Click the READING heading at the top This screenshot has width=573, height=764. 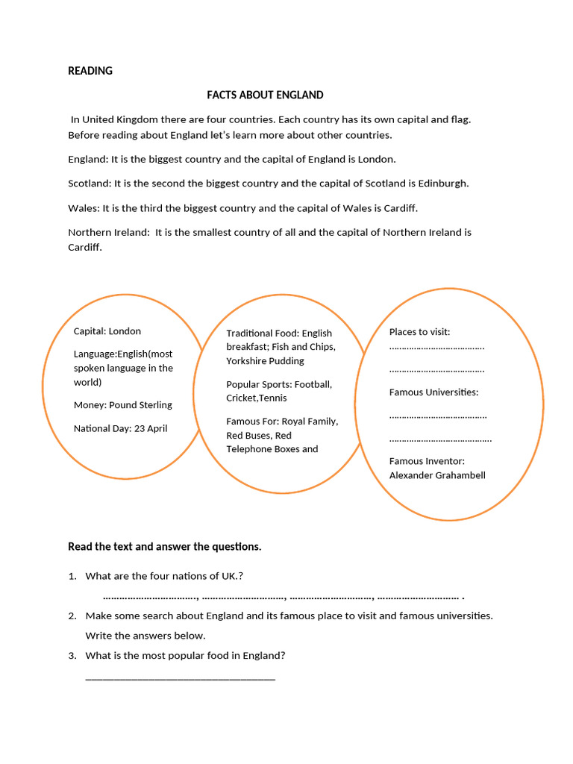(90, 71)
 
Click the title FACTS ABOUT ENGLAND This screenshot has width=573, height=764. (265, 95)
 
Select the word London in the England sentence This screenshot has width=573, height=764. (376, 159)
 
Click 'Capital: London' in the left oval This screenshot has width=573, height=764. (107, 331)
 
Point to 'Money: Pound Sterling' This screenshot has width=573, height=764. (123, 405)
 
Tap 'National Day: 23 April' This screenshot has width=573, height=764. (121, 428)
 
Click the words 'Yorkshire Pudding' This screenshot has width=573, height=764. (266, 361)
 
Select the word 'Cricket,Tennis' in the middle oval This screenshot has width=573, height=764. (257, 398)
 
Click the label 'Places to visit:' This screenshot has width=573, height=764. (420, 332)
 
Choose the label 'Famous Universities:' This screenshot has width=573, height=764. (434, 392)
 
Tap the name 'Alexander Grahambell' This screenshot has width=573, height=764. (437, 475)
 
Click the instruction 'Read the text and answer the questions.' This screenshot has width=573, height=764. (165, 547)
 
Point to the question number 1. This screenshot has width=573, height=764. (72, 576)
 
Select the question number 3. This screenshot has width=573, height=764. (72, 656)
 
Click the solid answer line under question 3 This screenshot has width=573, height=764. (181, 678)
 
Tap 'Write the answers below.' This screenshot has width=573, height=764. (145, 636)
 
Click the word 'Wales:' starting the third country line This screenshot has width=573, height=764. (84, 207)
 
